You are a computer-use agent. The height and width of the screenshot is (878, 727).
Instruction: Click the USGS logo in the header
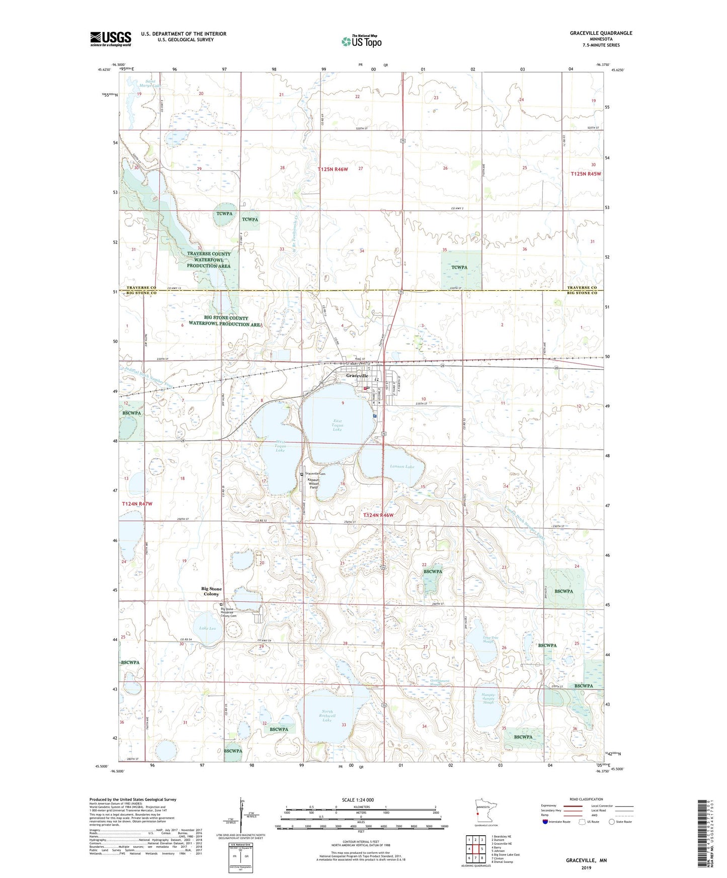(x=110, y=39)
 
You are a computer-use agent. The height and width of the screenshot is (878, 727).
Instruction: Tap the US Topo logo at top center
(x=361, y=41)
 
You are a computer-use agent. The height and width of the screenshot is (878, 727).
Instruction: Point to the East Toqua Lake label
(x=337, y=425)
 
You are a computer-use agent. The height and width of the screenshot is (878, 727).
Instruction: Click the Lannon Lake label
(x=402, y=467)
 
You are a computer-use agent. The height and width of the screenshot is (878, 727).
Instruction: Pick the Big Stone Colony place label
(x=211, y=591)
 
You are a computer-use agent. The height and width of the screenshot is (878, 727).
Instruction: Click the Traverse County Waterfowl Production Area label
(x=208, y=259)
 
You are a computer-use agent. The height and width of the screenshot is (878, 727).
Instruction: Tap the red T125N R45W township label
(x=586, y=174)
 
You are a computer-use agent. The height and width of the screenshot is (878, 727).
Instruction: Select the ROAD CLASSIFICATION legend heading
(x=586, y=799)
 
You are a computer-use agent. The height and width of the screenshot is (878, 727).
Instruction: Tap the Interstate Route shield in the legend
(x=546, y=822)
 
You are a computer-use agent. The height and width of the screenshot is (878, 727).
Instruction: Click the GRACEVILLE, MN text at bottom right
(x=586, y=860)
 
